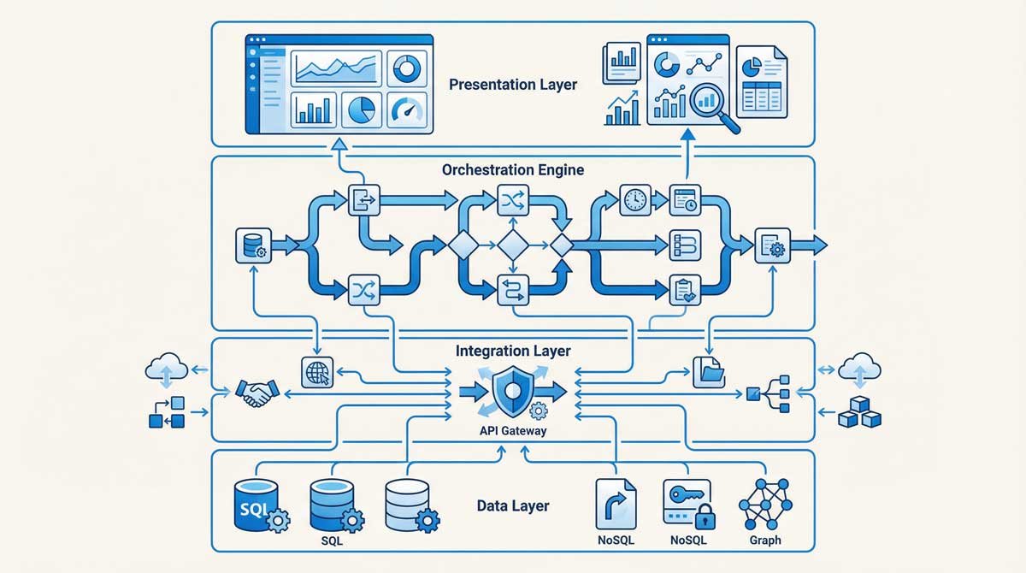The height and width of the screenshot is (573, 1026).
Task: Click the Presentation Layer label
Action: [x=513, y=85]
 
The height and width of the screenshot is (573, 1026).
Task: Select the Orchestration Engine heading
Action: [x=513, y=169]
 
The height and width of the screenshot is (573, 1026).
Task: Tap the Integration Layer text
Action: [x=513, y=351]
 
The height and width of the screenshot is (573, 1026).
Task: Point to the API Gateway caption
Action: [x=513, y=431]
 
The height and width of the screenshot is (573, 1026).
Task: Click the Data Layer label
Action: [x=513, y=505]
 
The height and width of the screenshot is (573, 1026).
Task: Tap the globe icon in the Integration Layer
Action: [x=316, y=372]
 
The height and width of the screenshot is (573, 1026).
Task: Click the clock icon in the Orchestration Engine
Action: [x=634, y=199]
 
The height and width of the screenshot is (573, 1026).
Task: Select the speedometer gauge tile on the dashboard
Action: [x=406, y=109]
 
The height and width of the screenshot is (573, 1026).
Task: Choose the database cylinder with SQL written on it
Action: [x=256, y=506]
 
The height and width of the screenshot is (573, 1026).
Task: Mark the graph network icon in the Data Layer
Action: [x=764, y=505]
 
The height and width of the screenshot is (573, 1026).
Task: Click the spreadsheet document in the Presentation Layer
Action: [x=763, y=84]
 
